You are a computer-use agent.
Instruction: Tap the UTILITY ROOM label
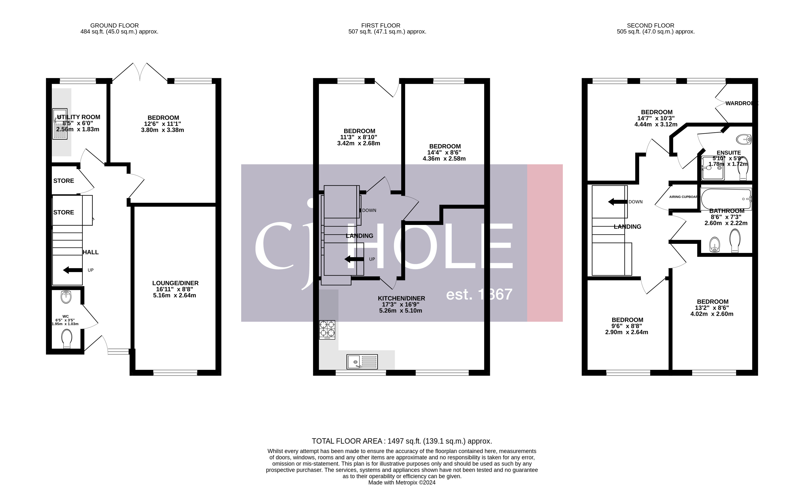click(x=79, y=117)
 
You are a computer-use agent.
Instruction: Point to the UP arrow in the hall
click(x=72, y=270)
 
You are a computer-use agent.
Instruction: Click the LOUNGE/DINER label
click(x=175, y=283)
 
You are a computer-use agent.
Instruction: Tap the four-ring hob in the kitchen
click(x=327, y=330)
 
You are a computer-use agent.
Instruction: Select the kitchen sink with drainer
click(x=362, y=362)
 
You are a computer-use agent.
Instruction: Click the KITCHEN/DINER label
click(x=401, y=298)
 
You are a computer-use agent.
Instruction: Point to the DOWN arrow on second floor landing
click(x=617, y=202)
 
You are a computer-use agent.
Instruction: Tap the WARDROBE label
click(x=741, y=103)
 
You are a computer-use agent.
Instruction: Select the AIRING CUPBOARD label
click(x=683, y=197)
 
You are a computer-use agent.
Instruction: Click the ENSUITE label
click(x=729, y=153)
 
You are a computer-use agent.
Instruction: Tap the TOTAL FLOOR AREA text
click(x=402, y=441)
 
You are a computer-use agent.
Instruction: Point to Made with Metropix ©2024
click(x=402, y=482)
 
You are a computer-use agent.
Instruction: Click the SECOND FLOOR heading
click(x=650, y=25)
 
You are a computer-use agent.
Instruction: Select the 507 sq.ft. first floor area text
click(x=387, y=32)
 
